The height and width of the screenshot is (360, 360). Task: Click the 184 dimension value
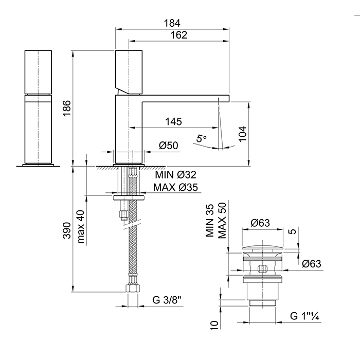[x=172, y=23]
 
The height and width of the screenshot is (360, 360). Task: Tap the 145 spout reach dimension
[x=173, y=122]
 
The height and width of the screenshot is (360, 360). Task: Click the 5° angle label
[x=202, y=138]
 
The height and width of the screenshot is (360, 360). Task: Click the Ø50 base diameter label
[x=168, y=146]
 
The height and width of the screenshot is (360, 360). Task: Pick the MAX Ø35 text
[x=176, y=187]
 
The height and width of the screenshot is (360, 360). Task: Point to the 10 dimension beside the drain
[x=215, y=324]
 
